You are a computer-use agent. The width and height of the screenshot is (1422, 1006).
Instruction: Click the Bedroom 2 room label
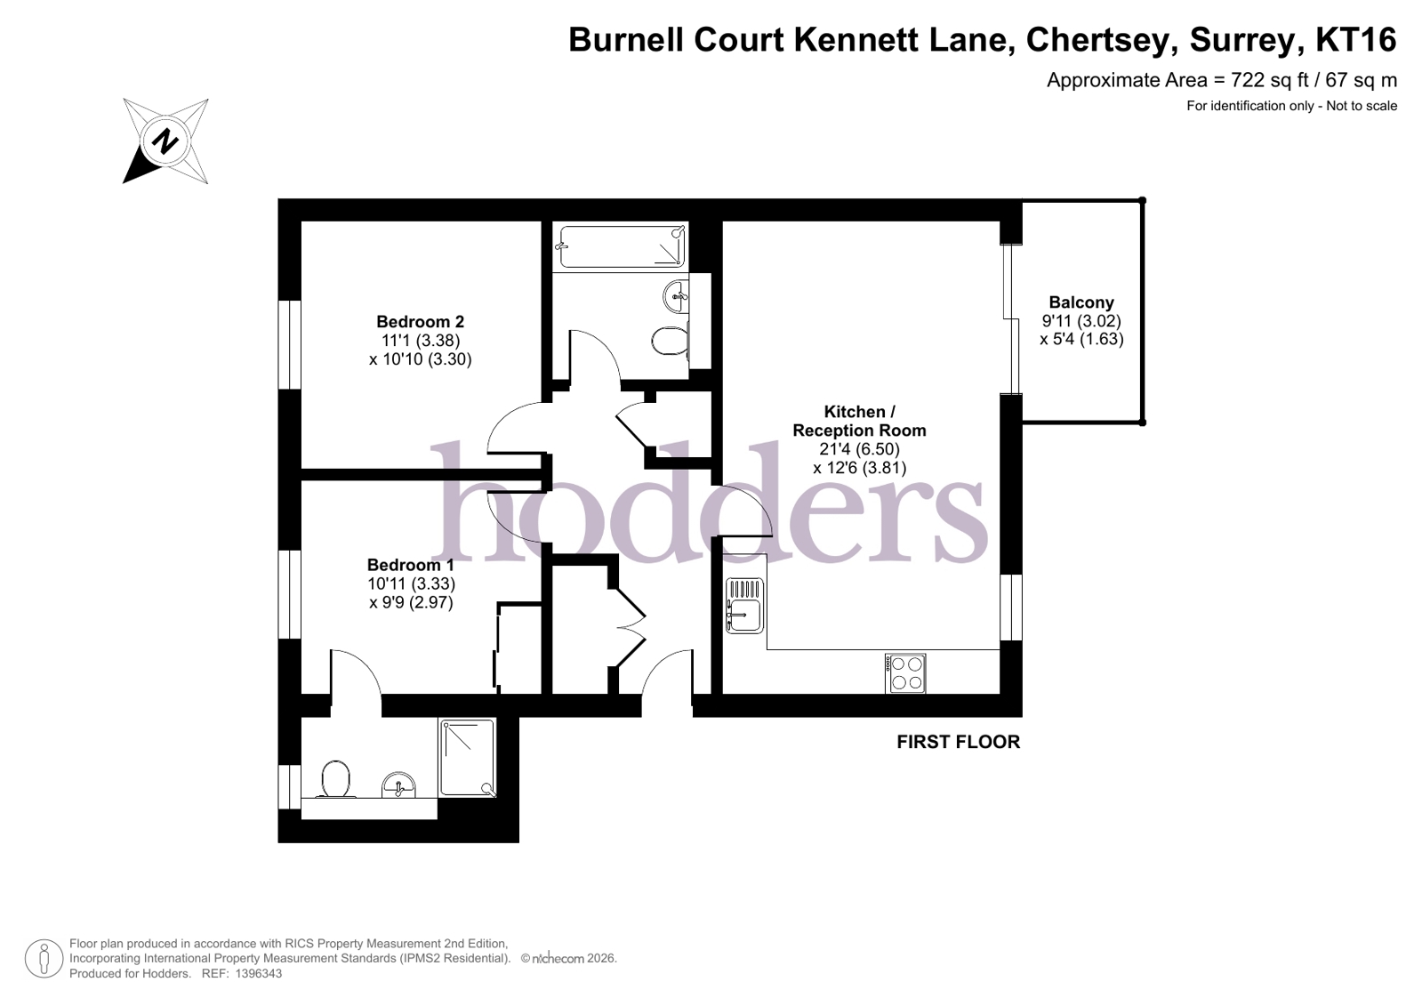pyautogui.click(x=420, y=322)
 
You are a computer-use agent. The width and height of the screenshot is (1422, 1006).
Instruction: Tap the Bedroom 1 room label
pyautogui.click(x=411, y=566)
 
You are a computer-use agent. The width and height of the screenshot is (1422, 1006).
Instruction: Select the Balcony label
pyautogui.click(x=1081, y=302)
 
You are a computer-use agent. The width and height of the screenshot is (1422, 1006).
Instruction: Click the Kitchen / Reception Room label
pyautogui.click(x=859, y=421)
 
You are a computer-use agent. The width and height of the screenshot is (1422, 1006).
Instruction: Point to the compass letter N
pyautogui.click(x=165, y=141)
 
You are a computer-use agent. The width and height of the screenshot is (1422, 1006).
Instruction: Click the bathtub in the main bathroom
pyautogui.click(x=621, y=245)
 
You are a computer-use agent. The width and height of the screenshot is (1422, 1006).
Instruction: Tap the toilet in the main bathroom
pyautogui.click(x=670, y=341)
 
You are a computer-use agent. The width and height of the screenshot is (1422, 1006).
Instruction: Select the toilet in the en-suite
pyautogui.click(x=335, y=779)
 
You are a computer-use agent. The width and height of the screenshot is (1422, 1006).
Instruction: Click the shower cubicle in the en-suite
pyautogui.click(x=468, y=758)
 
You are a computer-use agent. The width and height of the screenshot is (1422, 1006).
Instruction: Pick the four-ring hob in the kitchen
pyautogui.click(x=905, y=673)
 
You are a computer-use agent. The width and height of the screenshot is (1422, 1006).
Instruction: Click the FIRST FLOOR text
pyautogui.click(x=958, y=742)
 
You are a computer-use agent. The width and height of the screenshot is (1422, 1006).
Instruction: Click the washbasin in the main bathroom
pyautogui.click(x=676, y=295)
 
